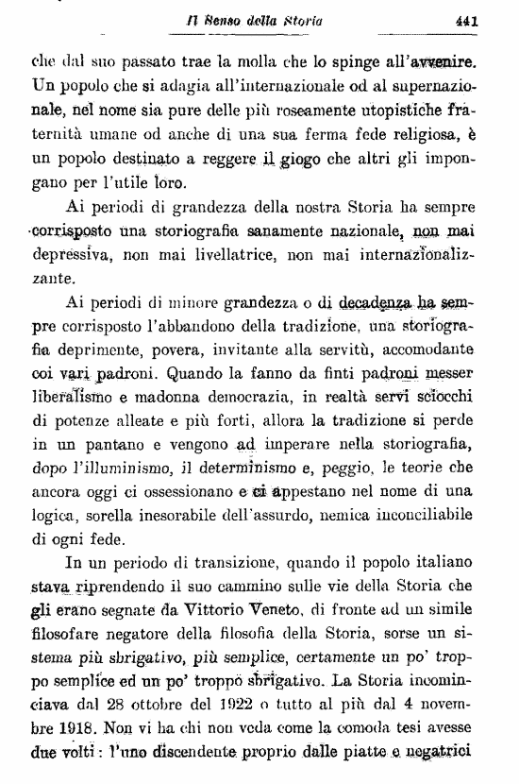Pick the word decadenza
coord(378,305)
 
